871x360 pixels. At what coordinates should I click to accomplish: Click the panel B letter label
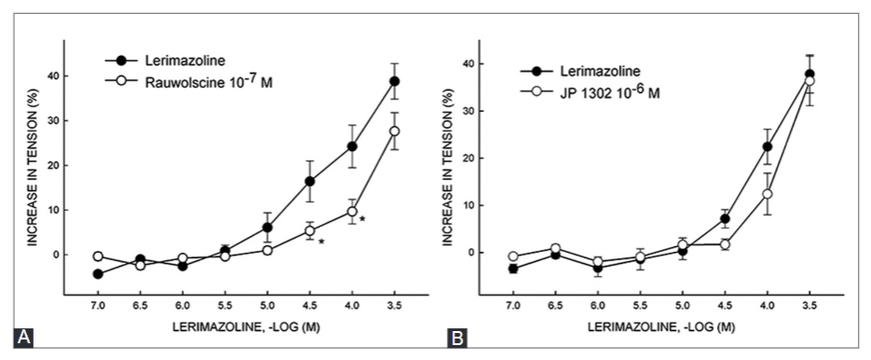point(459,338)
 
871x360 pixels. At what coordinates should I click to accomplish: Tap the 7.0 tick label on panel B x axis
point(513,304)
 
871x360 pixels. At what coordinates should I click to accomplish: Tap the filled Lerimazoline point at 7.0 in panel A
point(98,273)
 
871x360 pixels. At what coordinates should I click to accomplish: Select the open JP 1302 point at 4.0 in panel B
point(767,194)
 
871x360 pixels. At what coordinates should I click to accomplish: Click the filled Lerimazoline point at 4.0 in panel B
point(767,146)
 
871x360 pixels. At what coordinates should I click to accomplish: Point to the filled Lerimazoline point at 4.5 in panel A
point(310,181)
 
